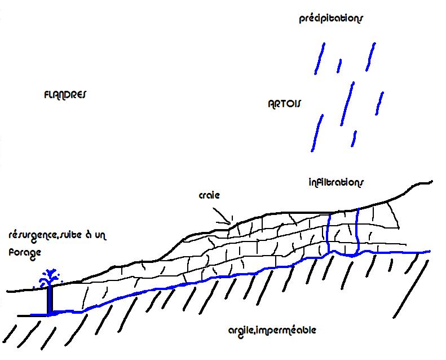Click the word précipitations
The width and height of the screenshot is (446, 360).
(331, 19)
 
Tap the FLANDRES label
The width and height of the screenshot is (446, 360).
(64, 95)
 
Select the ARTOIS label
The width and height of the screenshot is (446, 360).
(285, 104)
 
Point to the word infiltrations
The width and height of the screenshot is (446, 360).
(337, 182)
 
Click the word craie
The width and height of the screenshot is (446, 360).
(209, 195)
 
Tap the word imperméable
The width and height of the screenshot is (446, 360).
(284, 330)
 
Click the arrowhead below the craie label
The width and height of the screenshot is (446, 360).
(228, 221)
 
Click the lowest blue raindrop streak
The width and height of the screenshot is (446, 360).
(354, 138)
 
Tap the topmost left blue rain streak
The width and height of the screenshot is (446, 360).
(320, 59)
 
